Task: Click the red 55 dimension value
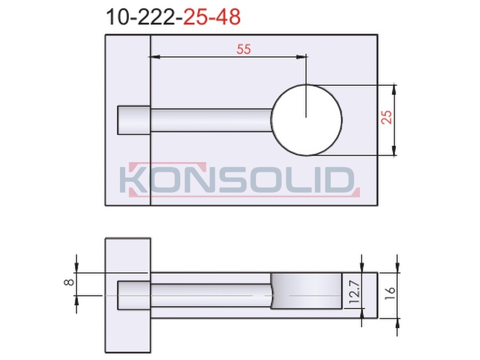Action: click(x=244, y=49)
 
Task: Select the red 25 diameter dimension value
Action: click(x=387, y=117)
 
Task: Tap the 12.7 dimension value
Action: click(x=355, y=292)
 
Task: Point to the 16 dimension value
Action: click(x=390, y=293)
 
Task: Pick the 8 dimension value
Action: click(x=69, y=282)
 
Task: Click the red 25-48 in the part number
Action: click(x=212, y=17)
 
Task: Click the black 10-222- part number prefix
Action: click(x=144, y=17)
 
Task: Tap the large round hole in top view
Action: click(x=307, y=120)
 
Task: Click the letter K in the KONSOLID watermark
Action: click(x=134, y=180)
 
